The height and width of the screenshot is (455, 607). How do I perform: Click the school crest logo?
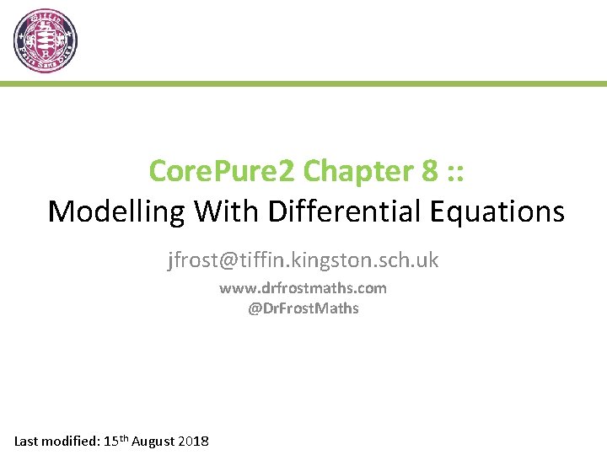tap(46, 41)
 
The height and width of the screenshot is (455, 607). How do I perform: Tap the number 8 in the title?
tap(428, 171)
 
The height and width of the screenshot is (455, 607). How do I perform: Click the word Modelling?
tap(117, 211)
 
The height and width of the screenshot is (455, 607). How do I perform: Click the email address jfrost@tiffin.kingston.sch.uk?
tap(303, 260)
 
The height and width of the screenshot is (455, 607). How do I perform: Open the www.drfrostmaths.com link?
tap(303, 288)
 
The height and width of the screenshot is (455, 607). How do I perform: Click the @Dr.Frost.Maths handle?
tap(303, 308)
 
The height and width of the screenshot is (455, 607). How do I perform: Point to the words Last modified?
tap(56, 441)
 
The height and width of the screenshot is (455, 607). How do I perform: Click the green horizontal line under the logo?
tap(303, 84)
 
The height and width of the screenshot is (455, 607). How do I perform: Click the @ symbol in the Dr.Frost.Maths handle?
tap(254, 308)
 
